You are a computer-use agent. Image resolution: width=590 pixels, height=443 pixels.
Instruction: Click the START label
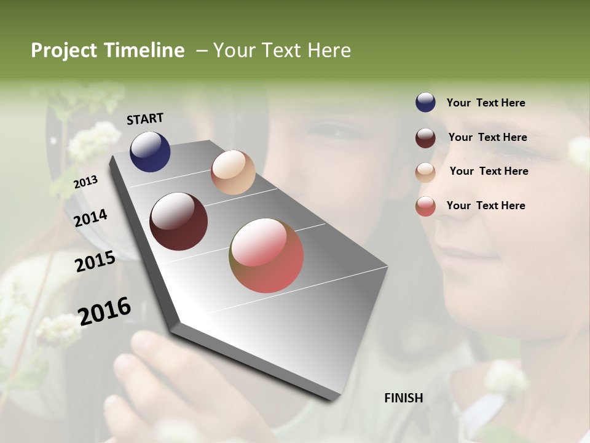[145, 119]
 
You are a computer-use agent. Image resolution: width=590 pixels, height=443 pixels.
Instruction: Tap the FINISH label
[403, 398]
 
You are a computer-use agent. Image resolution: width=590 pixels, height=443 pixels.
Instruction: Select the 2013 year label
[86, 182]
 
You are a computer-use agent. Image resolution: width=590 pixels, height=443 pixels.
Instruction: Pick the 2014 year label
[91, 218]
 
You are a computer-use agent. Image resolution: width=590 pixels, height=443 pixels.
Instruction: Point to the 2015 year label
[95, 261]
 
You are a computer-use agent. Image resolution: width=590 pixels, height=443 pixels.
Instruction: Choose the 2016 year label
[105, 311]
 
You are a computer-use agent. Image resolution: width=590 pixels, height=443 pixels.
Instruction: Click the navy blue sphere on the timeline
[150, 152]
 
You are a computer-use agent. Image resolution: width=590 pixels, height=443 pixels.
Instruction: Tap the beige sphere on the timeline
[233, 172]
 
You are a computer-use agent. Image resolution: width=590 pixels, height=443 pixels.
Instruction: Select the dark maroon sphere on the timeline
[179, 221]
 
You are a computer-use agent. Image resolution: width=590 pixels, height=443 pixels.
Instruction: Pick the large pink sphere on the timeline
[267, 255]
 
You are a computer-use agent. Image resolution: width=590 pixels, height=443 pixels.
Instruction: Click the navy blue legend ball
[425, 102]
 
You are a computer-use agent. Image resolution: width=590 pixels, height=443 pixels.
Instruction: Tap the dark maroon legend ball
[425, 138]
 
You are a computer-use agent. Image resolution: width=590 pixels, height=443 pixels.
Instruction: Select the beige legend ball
[425, 172]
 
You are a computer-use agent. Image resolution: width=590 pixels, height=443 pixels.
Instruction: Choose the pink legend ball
[425, 206]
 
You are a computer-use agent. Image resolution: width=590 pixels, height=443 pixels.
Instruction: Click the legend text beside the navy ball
[486, 103]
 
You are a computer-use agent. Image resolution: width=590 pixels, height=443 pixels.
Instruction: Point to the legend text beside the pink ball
[486, 206]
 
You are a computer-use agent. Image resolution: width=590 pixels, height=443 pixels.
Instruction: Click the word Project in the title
[64, 50]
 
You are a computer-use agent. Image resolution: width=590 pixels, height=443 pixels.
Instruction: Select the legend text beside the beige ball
[489, 171]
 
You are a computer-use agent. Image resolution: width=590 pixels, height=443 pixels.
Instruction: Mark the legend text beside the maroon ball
[487, 137]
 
